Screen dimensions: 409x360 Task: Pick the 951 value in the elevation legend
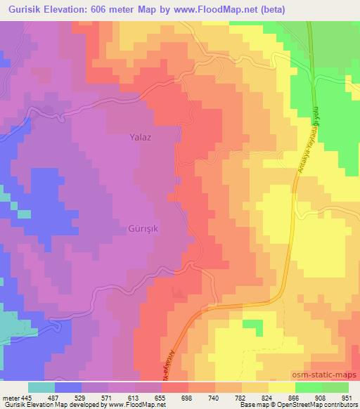coord(347,397)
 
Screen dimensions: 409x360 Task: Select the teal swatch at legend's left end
coord(41,387)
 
